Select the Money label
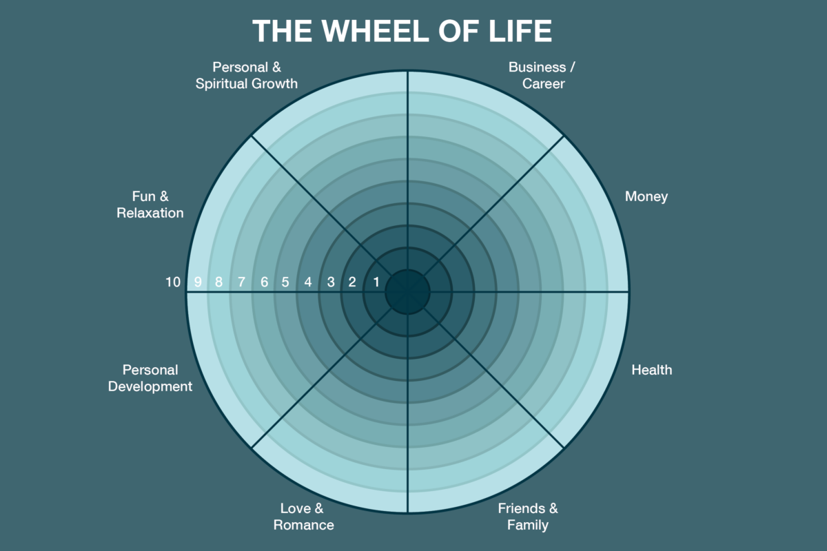click(x=646, y=196)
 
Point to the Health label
click(x=651, y=370)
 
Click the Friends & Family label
click(x=528, y=517)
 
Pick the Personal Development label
click(x=150, y=378)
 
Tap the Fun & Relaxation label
click(x=150, y=205)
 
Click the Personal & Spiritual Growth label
click(x=247, y=76)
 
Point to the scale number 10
click(x=173, y=282)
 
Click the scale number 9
click(x=198, y=282)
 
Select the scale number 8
click(x=219, y=282)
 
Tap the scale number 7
click(x=241, y=282)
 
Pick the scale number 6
click(x=264, y=282)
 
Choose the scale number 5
click(x=285, y=282)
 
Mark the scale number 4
click(x=308, y=282)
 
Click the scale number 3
click(x=331, y=282)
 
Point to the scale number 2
click(x=352, y=282)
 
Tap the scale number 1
click(x=376, y=282)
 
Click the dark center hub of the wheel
click(x=407, y=292)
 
